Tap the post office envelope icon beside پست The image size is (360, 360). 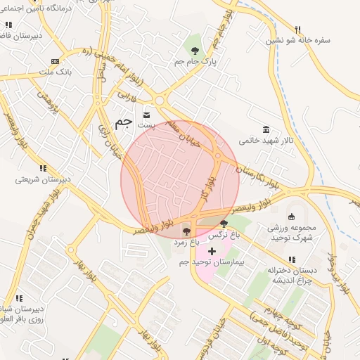click(147, 115)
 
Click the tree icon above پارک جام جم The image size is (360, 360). click(194, 50)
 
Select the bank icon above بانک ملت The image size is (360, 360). click(56, 61)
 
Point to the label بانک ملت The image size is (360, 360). click(56, 72)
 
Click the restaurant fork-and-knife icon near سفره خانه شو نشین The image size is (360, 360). click(297, 30)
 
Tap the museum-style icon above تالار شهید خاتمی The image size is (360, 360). click(266, 129)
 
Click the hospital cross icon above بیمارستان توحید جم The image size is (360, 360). click(212, 251)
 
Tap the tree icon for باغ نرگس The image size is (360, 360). click(224, 224)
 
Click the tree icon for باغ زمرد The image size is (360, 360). click(186, 231)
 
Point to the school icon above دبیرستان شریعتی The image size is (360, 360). click(43, 168)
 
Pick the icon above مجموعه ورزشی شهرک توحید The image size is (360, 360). click(292, 217)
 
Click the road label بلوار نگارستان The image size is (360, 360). click(258, 170)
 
